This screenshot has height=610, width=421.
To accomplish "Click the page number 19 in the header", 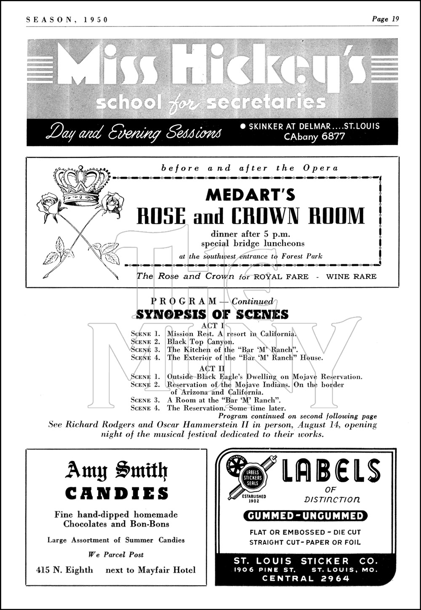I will point(394,19).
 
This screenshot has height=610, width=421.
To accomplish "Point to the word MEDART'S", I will point(250,195).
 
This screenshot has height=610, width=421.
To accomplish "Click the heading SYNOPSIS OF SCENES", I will point(212,314).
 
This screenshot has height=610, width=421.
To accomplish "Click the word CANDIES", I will point(117,493).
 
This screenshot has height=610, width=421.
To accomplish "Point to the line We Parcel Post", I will point(116,555).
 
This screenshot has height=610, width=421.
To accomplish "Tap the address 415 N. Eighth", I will point(64,570).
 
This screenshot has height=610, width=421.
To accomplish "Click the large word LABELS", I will point(331,470).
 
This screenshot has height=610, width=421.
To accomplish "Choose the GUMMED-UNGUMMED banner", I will point(305,516).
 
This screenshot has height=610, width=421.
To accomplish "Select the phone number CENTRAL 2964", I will point(306,578).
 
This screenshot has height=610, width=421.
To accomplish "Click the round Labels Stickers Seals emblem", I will point(251,478).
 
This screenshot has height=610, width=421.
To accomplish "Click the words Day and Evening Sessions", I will point(133,132).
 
